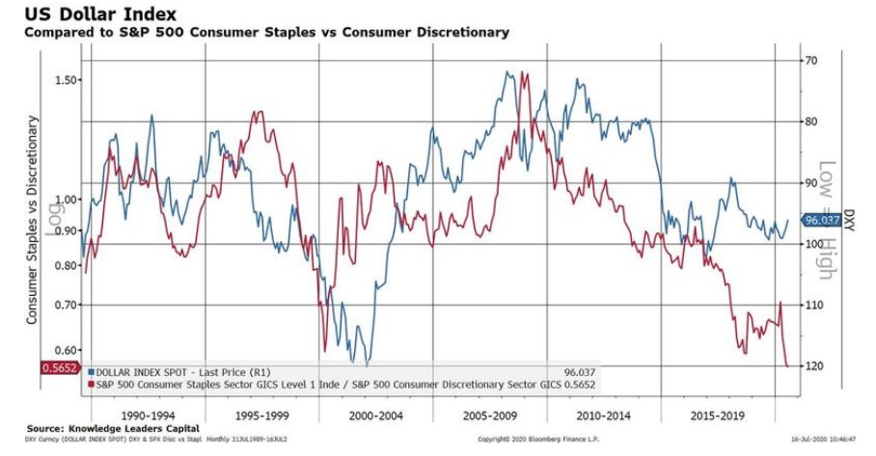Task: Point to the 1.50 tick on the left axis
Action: (66, 80)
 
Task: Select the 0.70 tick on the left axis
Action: (66, 305)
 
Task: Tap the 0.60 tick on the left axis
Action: (66, 351)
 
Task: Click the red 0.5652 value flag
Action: (58, 367)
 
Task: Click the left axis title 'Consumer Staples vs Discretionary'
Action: (32, 219)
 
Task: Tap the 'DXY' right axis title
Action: (850, 220)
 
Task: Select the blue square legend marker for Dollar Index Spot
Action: (91, 370)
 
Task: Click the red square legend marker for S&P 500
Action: (91, 384)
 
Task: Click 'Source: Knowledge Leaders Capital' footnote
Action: (113, 428)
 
